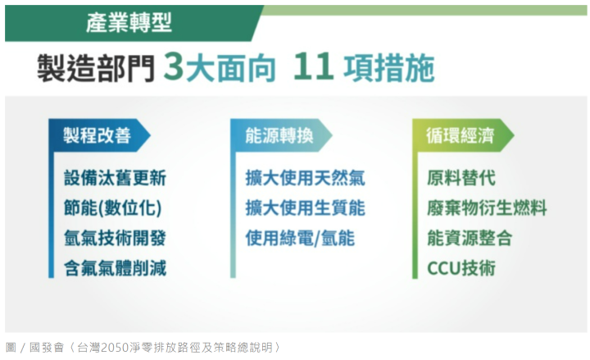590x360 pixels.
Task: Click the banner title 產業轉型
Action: click(129, 23)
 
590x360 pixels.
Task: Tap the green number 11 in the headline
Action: click(313, 66)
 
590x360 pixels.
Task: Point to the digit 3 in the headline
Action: click(174, 66)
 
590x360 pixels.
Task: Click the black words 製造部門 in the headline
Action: click(97, 68)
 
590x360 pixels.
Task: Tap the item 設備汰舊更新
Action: click(115, 178)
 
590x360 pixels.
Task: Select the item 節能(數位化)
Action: click(112, 208)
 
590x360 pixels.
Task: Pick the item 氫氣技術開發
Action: click(115, 239)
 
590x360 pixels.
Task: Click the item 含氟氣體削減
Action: click(115, 268)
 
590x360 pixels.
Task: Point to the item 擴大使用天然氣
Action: click(305, 178)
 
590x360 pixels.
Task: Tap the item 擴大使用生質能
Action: click(305, 208)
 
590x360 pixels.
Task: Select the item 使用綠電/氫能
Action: click(300, 239)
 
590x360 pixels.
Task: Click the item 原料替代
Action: click(461, 178)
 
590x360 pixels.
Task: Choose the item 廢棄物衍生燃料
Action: click(487, 208)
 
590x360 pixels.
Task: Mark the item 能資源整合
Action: click(470, 239)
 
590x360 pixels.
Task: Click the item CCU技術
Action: click(461, 268)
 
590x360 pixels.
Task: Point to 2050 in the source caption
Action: click(116, 347)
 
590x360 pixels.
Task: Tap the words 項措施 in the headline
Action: click(389, 68)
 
